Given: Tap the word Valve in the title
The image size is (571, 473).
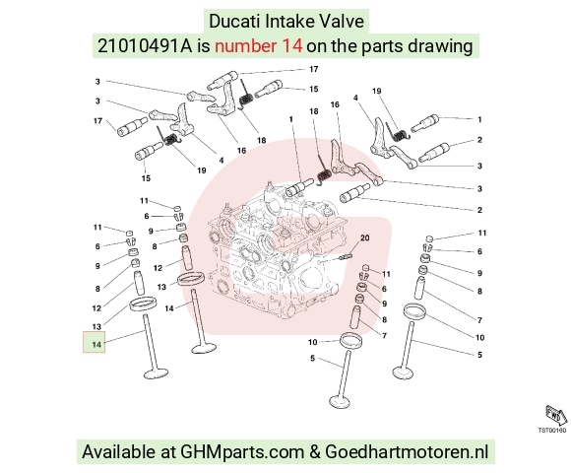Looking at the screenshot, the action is click(x=342, y=21).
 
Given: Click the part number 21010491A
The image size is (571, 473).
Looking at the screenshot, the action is click(x=145, y=46).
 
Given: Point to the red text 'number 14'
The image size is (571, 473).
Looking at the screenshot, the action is click(x=258, y=46).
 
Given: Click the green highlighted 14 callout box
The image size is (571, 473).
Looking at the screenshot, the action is click(x=94, y=342).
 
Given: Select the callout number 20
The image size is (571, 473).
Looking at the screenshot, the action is click(x=364, y=237).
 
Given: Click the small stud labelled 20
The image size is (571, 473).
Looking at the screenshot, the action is click(x=346, y=257).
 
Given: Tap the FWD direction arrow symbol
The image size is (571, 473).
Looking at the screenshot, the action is click(x=556, y=415).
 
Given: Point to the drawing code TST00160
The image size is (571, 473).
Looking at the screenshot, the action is click(x=552, y=431).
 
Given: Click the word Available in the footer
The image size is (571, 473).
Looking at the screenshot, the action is click(x=118, y=452).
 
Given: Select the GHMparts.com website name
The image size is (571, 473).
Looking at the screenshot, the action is click(x=242, y=452).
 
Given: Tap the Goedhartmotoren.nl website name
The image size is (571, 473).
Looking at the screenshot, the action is click(x=407, y=452).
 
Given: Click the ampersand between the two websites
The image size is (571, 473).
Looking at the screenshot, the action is click(x=315, y=452).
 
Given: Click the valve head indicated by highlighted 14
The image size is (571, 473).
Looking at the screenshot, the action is click(x=157, y=373).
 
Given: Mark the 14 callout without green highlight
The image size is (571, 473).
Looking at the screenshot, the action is click(x=169, y=308).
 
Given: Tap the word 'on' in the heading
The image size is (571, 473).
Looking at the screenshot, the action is click(x=315, y=47).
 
